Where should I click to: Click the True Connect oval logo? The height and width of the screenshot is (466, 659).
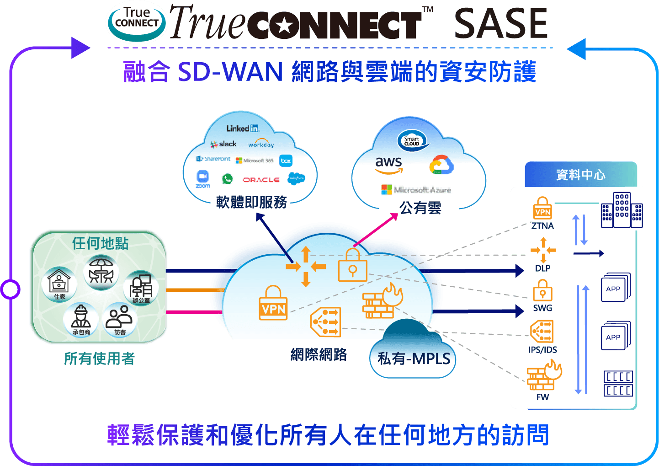pos(136,22)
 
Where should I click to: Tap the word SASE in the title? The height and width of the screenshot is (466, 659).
pos(500,24)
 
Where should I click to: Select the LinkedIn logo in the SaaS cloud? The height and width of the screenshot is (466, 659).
pos(243,129)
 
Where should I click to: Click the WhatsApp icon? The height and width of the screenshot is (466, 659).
pos(227,179)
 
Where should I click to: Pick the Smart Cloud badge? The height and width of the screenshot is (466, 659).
pos(413,141)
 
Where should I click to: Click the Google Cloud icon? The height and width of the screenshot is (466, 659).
pos(441,165)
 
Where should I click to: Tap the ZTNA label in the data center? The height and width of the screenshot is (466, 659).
pos(542,226)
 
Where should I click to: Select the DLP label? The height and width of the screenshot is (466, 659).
pos(542,268)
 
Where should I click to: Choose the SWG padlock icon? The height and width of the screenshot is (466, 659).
pos(542,290)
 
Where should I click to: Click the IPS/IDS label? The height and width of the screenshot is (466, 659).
pos(542,350)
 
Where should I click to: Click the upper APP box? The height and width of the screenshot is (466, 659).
pos(615,288)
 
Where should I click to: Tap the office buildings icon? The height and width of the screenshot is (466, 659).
pos(622,210)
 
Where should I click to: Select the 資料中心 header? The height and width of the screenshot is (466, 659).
pos(580,175)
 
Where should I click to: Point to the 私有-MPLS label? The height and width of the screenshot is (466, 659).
pos(414,359)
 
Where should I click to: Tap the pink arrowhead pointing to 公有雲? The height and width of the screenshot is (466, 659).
pos(394,217)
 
